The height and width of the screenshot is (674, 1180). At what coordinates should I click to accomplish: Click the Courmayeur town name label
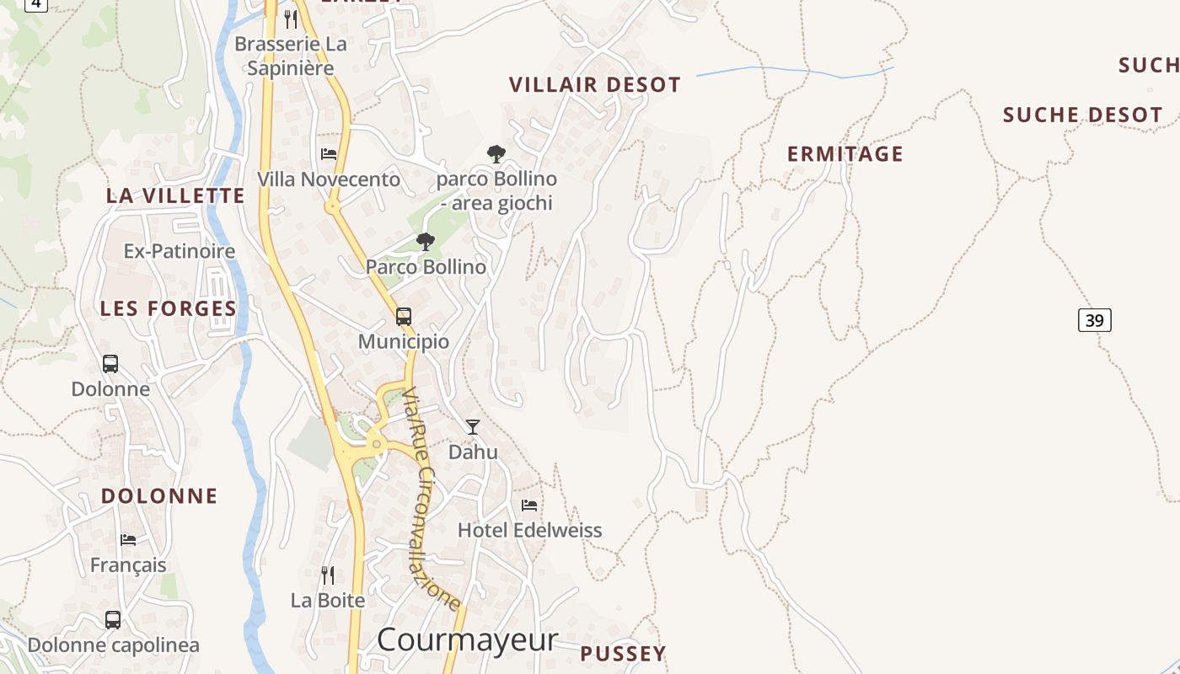(467, 639)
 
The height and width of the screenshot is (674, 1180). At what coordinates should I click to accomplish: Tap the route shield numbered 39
(1094, 320)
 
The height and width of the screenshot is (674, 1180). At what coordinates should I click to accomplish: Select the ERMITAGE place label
(845, 154)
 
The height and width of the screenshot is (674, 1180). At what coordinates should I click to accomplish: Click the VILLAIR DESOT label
(595, 85)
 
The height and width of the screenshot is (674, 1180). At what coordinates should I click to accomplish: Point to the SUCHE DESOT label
(1082, 115)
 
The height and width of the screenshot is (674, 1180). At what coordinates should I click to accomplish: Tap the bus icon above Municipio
(404, 317)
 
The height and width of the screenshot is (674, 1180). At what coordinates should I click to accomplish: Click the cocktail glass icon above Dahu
(473, 427)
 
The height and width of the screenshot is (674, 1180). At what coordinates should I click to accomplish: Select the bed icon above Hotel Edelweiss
(529, 505)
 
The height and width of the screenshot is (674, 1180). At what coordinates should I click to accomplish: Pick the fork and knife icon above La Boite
(328, 575)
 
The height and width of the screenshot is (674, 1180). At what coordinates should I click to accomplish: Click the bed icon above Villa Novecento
(329, 154)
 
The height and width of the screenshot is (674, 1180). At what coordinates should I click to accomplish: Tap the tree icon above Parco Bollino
(426, 242)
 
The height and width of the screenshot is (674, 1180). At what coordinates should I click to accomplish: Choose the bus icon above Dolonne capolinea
(113, 620)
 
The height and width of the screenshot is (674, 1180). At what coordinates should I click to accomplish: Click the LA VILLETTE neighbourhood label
(175, 196)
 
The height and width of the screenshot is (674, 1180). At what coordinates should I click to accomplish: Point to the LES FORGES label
(169, 308)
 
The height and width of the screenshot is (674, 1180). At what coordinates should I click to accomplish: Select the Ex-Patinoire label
(180, 251)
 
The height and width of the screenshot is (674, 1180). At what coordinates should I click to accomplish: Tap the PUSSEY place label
(623, 654)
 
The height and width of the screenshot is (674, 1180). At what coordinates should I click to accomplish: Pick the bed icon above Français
(128, 540)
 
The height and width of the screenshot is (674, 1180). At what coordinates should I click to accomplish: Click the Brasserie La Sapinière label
(291, 56)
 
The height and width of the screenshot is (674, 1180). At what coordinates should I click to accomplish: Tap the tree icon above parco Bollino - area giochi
(496, 153)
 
